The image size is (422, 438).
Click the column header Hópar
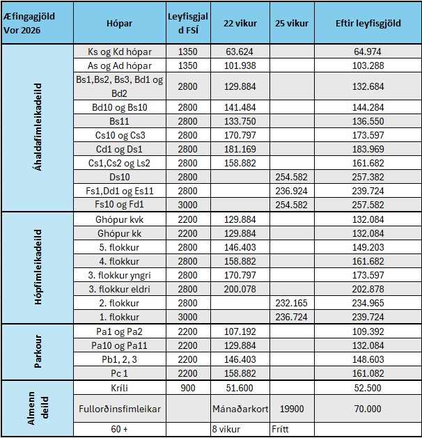[120, 23]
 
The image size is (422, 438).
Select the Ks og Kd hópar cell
[120, 52]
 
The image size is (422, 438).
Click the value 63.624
[240, 52]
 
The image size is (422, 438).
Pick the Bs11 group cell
[120, 120]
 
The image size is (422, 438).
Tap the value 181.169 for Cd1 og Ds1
[240, 148]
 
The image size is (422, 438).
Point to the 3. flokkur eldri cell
[120, 290]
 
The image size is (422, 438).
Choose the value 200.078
[240, 290]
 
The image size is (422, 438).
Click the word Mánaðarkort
[240, 409]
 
